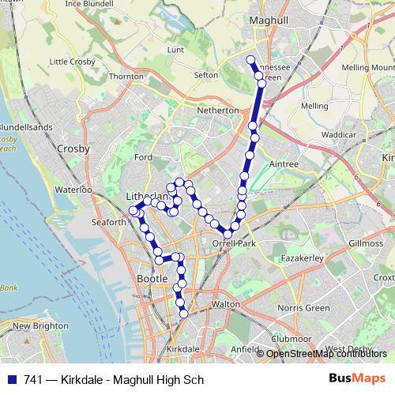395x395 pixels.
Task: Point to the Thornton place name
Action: pos(126,77)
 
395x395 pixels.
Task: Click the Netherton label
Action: pos(219,111)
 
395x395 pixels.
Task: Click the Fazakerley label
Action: pos(303,258)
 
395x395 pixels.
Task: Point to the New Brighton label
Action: pos(32,325)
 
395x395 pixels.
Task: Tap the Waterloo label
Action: pos(73,190)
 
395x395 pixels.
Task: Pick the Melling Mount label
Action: pos(368,69)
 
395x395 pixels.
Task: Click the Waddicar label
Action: pos(340,135)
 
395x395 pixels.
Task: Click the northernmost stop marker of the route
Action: pos(251,60)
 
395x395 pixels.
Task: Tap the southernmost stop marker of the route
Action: pos(184,314)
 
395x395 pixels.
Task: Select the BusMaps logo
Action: pos(357,379)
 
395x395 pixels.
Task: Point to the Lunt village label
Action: pos(175,50)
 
